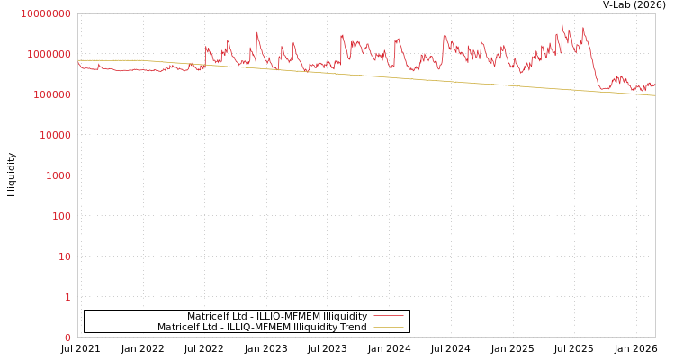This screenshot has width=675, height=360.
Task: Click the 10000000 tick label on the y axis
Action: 45,13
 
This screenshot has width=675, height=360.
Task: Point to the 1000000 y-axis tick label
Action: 48,54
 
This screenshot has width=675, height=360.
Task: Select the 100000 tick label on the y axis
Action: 50,94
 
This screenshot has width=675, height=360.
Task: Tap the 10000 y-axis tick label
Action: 53,135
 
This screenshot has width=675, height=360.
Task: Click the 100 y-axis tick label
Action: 59,216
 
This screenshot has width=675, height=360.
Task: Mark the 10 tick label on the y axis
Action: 63,256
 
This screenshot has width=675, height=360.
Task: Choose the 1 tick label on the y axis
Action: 67,297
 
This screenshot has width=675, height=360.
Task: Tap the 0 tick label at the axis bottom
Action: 67,337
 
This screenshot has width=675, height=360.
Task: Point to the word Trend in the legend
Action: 353,328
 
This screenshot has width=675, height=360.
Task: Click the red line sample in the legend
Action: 388,316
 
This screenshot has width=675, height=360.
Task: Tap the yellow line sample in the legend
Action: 388,327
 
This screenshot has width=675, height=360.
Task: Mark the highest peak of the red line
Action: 562,24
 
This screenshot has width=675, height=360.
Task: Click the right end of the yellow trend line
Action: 654,95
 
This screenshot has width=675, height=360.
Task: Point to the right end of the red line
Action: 654,84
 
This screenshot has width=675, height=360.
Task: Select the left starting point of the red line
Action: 78,61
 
